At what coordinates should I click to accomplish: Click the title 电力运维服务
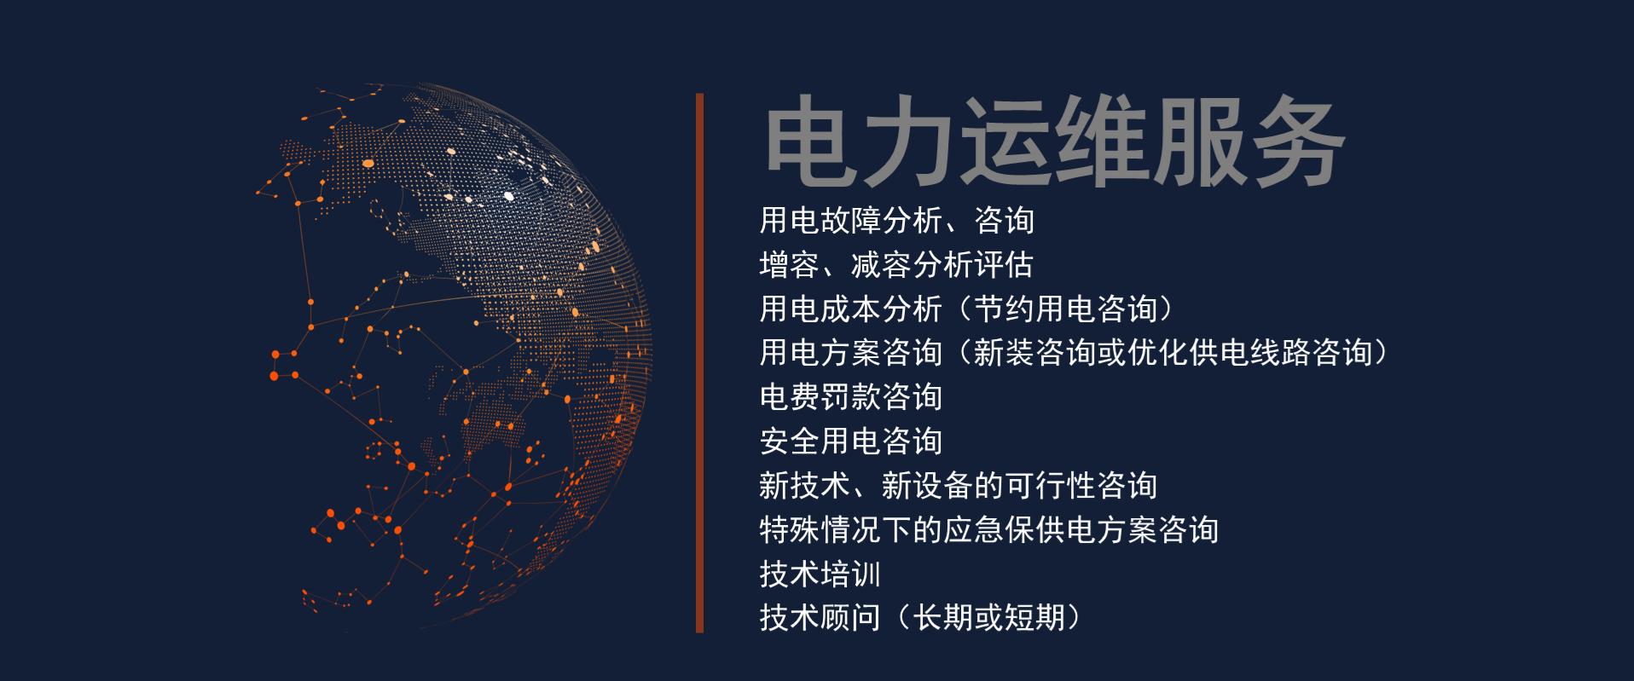1054,143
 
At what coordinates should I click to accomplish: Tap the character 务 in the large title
1297,143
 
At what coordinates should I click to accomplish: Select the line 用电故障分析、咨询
896,221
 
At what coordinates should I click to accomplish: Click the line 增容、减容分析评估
896,265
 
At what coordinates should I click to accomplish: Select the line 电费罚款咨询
850,397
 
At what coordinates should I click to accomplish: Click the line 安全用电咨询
850,441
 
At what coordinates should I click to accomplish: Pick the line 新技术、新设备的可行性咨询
958,486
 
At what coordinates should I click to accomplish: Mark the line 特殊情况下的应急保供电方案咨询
988,530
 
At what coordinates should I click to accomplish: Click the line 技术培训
820,574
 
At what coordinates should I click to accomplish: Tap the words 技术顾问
820,618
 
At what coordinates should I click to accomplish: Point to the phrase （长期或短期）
988,618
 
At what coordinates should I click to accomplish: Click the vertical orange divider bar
699,363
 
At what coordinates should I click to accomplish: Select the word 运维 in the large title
1054,143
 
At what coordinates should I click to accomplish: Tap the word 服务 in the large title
1249,143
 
